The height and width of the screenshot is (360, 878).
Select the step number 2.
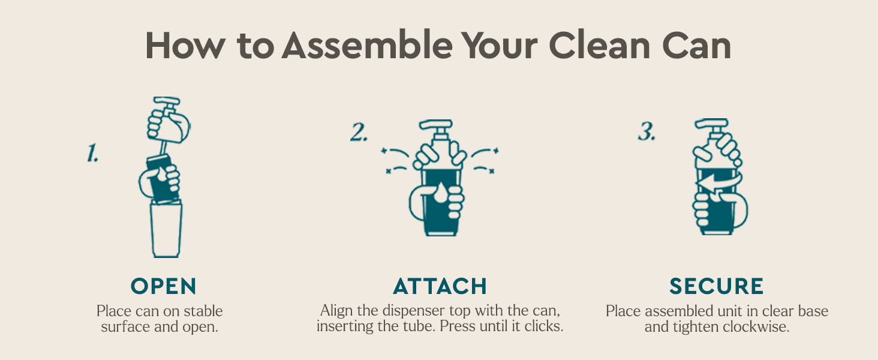359,133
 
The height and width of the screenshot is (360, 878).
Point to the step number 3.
646,133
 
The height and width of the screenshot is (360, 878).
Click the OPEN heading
164,286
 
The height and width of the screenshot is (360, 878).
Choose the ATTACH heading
440,286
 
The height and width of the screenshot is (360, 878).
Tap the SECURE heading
716,286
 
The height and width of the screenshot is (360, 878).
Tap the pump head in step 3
711,128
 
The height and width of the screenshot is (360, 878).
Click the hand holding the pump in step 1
170,126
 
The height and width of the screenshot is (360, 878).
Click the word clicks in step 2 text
543,328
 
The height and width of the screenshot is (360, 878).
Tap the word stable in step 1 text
202,311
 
